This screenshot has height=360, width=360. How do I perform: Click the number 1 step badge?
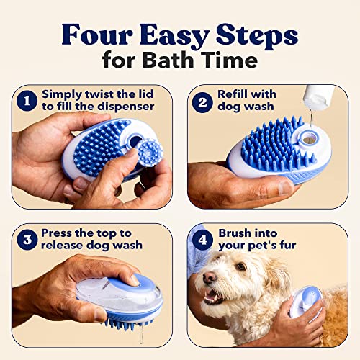point(27,101)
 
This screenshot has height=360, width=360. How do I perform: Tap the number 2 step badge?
point(202,102)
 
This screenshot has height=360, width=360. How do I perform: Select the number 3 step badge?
point(27,240)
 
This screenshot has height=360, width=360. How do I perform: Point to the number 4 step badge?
point(202,240)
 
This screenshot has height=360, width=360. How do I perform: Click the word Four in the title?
point(97,35)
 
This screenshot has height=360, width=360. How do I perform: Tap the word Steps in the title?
point(256,36)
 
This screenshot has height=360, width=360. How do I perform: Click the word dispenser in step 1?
point(126,107)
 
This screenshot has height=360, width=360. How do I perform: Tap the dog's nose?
point(210,278)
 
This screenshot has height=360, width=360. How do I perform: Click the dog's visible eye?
point(240,266)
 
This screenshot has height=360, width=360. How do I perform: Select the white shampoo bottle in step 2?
point(318,96)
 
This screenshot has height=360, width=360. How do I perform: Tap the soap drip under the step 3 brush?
point(141,333)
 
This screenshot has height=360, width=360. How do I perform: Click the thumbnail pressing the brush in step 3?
point(135,280)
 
